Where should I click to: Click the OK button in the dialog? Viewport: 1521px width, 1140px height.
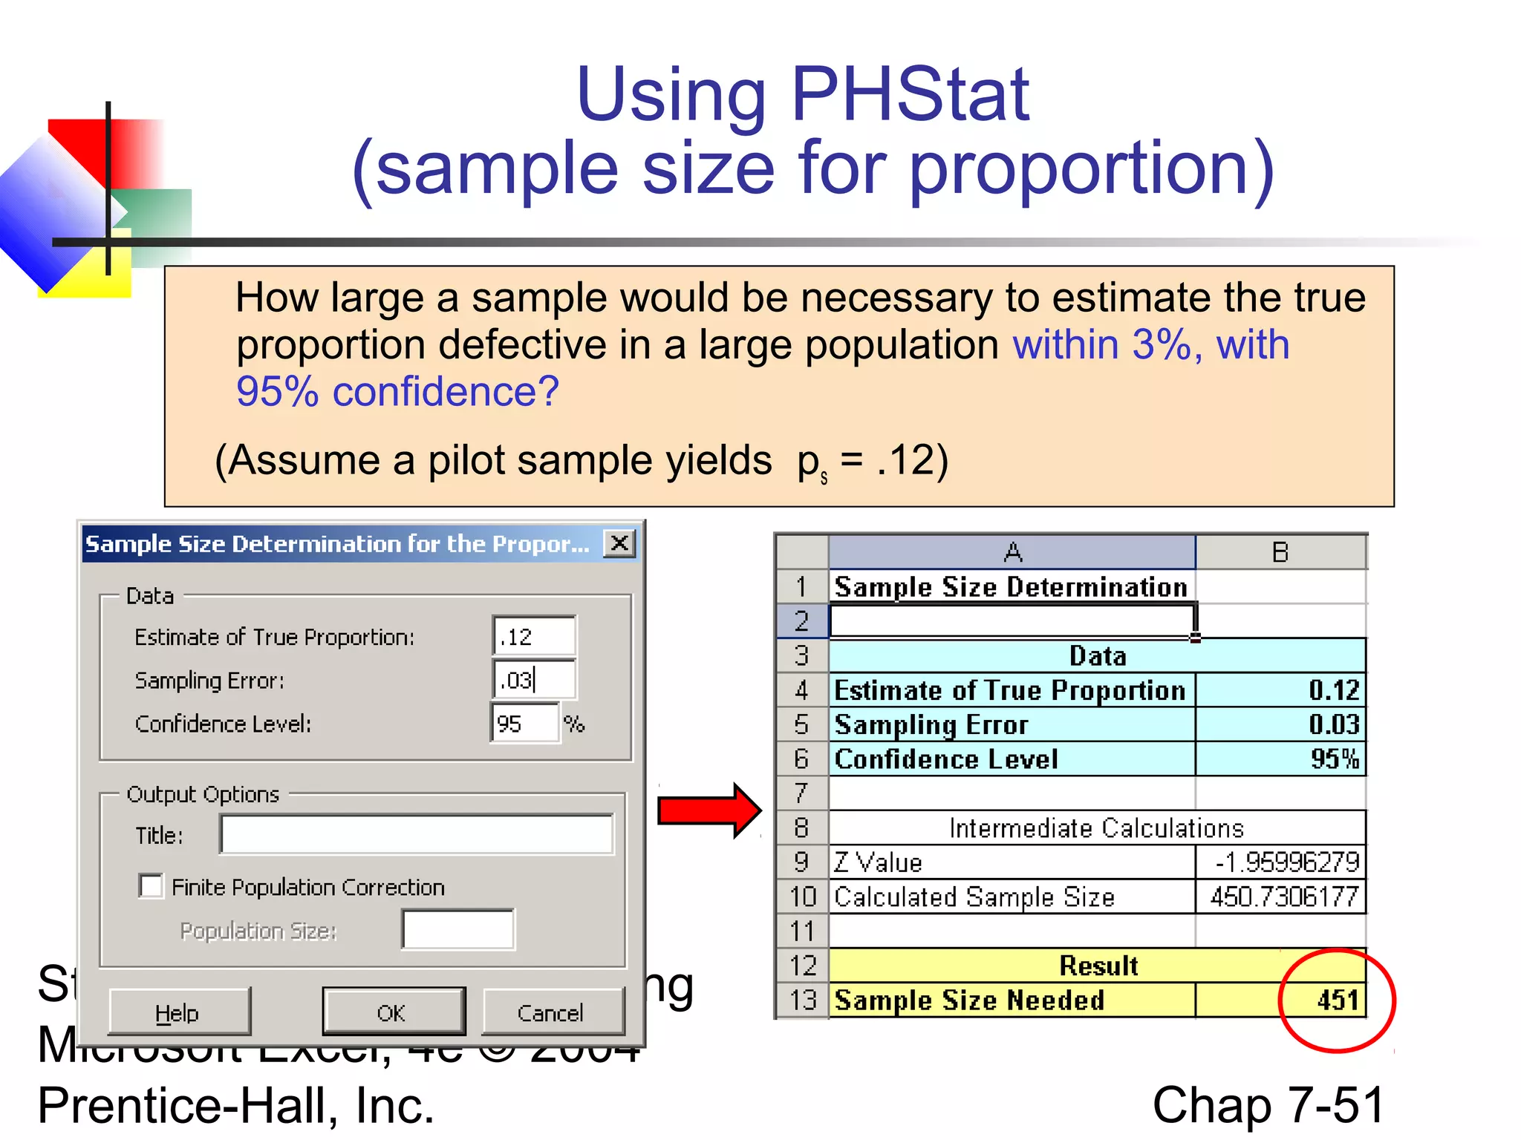[x=393, y=1012]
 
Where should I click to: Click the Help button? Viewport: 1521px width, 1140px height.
[x=178, y=1012]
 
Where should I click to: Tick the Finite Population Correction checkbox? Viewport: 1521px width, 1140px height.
[x=151, y=886]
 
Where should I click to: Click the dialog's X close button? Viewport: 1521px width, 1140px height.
[x=619, y=543]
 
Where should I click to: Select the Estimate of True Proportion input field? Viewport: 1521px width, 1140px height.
[x=534, y=636]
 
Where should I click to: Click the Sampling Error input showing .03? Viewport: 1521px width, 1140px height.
[x=534, y=679]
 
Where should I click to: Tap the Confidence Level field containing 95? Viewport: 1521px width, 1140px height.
[x=524, y=723]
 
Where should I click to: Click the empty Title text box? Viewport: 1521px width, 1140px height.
[x=417, y=834]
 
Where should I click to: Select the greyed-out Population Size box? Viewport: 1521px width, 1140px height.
[x=457, y=930]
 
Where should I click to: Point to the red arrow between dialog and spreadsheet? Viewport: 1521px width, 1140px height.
[x=709, y=810]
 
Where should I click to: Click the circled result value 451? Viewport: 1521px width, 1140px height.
[x=1336, y=1000]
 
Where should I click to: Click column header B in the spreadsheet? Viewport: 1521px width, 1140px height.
[x=1280, y=552]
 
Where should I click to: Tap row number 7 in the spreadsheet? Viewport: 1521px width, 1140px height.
[x=801, y=793]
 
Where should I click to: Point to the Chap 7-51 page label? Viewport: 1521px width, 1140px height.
[x=1268, y=1104]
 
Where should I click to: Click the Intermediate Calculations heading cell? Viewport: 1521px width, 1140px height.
[x=1096, y=828]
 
